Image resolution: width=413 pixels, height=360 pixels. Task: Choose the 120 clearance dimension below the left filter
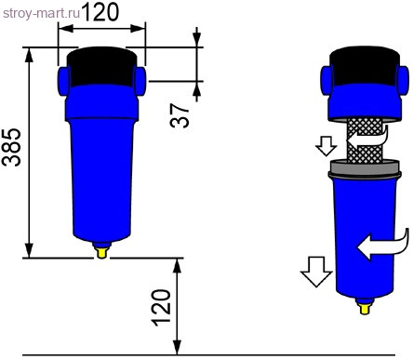pyautogui.click(x=162, y=306)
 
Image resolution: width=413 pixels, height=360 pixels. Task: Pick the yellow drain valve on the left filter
pyautogui.click(x=101, y=248)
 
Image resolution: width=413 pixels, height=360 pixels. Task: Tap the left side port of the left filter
pyautogui.click(x=62, y=75)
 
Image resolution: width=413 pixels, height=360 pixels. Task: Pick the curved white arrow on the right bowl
pyautogui.click(x=381, y=244)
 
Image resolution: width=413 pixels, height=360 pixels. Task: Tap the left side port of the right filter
pyautogui.click(x=326, y=77)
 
